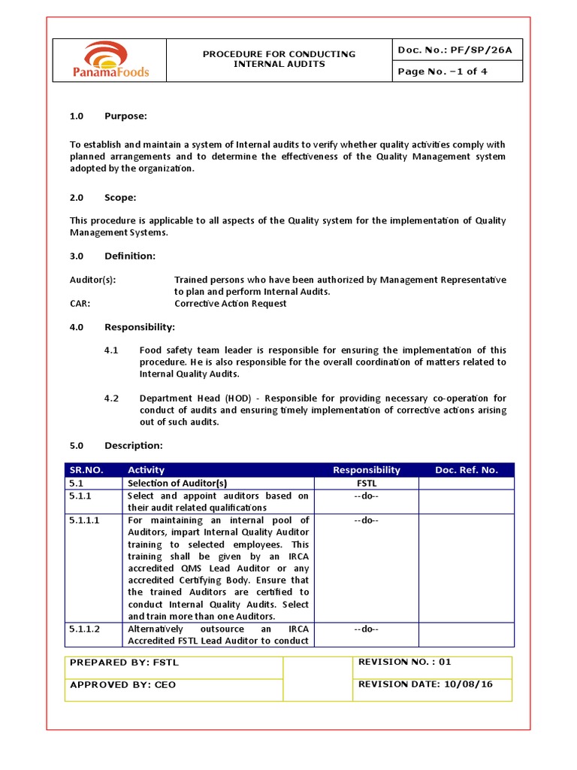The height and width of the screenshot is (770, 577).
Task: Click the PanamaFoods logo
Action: click(111, 60)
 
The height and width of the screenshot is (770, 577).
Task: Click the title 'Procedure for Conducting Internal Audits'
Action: click(279, 59)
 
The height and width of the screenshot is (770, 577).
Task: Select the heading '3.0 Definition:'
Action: click(113, 256)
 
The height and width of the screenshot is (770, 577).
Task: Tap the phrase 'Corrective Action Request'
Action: click(230, 304)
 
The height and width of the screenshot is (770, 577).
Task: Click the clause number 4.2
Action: click(111, 398)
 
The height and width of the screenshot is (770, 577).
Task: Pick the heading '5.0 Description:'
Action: click(116, 446)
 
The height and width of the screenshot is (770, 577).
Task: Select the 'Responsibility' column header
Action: click(367, 470)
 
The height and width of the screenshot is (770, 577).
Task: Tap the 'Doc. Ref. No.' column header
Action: click(466, 470)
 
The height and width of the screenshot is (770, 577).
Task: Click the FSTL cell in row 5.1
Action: click(367, 484)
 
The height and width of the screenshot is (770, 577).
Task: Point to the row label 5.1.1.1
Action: click(84, 520)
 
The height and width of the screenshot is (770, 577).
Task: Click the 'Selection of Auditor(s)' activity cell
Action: click(177, 484)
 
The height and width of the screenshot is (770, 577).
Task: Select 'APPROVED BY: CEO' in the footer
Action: click(122, 685)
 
